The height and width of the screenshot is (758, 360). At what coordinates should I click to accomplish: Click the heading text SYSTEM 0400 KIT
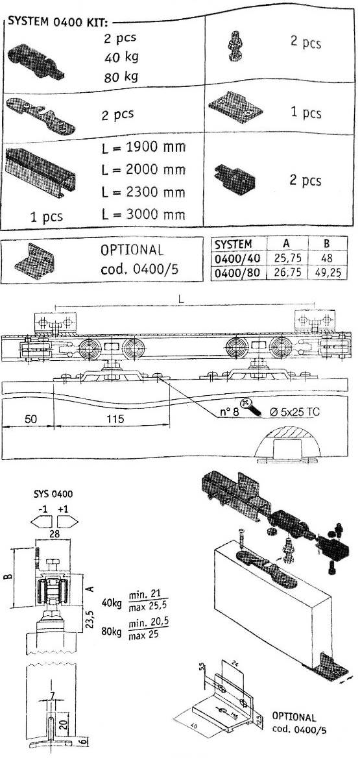click(56, 23)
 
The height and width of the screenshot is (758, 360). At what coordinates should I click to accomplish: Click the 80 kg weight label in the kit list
click(122, 77)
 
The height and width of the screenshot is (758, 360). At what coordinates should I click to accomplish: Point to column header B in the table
click(330, 243)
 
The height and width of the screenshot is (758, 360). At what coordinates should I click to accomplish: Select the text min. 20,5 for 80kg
click(149, 622)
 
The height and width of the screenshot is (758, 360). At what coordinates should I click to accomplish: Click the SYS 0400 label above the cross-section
click(53, 494)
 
